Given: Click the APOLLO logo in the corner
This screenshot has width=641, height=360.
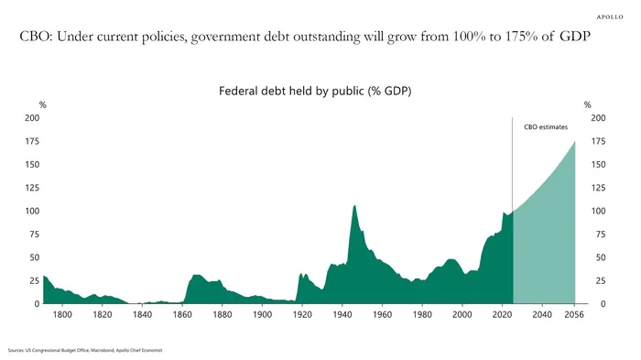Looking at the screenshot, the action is [610, 16].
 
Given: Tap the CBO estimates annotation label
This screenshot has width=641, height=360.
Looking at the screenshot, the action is [546, 127].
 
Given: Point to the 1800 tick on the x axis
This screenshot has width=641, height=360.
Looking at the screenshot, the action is [62, 314].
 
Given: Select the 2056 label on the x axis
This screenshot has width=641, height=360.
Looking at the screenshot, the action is [574, 314].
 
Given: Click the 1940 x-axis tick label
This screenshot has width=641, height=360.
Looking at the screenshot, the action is [342, 314].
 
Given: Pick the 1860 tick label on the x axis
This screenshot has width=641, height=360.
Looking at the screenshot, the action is [182, 314].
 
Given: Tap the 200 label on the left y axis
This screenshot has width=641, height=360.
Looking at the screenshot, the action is [32, 118].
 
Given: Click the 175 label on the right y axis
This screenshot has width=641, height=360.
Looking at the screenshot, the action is [598, 141].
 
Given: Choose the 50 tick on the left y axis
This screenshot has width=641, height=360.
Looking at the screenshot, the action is [35, 257].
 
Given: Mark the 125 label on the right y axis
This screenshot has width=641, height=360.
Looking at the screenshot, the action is [598, 188].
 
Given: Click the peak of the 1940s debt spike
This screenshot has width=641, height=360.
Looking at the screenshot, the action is [354, 205].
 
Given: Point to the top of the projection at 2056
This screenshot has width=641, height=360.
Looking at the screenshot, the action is [575, 142].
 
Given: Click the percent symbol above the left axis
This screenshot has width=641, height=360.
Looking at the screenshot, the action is [42, 105].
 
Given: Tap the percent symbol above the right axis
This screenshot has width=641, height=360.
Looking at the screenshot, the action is [588, 105].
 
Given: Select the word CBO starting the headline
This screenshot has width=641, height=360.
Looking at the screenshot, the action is [34, 37].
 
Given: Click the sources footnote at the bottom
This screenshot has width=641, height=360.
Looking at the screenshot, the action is [85, 350].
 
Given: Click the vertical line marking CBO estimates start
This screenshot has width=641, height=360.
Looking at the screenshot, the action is [512, 165].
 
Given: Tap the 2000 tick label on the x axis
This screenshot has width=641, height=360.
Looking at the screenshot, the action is [462, 314].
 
